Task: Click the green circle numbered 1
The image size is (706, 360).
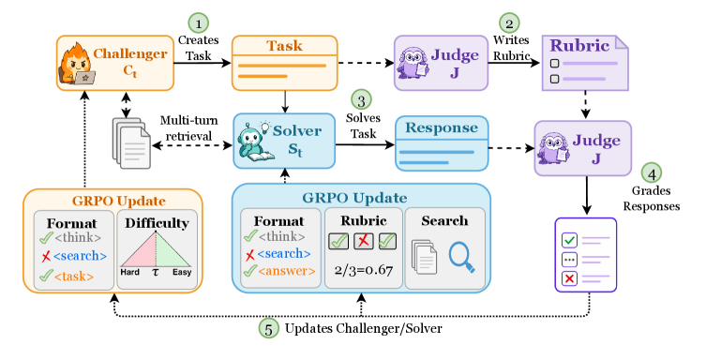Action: (199, 22)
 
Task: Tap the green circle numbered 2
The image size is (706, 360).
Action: (509, 22)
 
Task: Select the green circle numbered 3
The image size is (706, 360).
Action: (362, 100)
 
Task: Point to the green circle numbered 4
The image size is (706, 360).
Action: (651, 172)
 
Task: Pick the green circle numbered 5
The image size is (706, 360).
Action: (268, 328)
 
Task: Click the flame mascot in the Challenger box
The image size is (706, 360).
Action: (77, 64)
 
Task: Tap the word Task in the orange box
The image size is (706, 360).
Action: (284, 45)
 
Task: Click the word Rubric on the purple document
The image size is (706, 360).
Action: (579, 45)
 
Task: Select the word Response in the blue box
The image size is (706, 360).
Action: (442, 127)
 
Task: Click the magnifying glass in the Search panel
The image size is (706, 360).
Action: (462, 258)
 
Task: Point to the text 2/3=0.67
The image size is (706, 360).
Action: (364, 270)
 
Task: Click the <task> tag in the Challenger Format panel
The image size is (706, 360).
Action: (74, 277)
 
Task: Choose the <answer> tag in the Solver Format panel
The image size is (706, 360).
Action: (286, 271)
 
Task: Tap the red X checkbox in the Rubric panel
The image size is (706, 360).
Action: (364, 241)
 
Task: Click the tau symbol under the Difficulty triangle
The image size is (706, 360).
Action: (156, 272)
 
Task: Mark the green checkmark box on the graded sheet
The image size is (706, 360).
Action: (569, 240)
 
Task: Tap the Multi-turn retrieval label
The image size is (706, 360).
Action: (188, 128)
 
